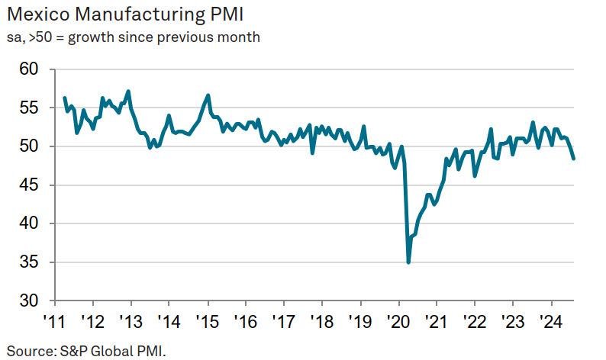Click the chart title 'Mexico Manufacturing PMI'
pyautogui.click(x=125, y=14)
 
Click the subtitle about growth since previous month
pyautogui.click(x=134, y=37)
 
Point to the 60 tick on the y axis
pyautogui.click(x=28, y=69)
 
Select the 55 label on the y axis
pyautogui.click(x=28, y=108)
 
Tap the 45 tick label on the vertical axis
pyautogui.click(x=28, y=185)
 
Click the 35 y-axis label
pyautogui.click(x=28, y=262)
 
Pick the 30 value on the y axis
pyautogui.click(x=28, y=301)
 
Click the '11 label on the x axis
pyautogui.click(x=55, y=321)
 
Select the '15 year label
pyautogui.click(x=208, y=321)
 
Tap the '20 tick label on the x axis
pyautogui.click(x=399, y=321)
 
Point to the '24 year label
pyautogui.click(x=552, y=321)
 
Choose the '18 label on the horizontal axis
pyautogui.click(x=323, y=321)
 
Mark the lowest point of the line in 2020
pyautogui.click(x=408, y=262)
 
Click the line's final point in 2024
pyautogui.click(x=573, y=159)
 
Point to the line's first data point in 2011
pyautogui.click(x=64, y=98)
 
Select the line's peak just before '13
pyautogui.click(x=128, y=92)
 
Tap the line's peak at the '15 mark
pyautogui.click(x=208, y=95)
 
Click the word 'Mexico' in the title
pyautogui.click(x=38, y=14)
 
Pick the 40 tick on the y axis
pyautogui.click(x=28, y=223)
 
